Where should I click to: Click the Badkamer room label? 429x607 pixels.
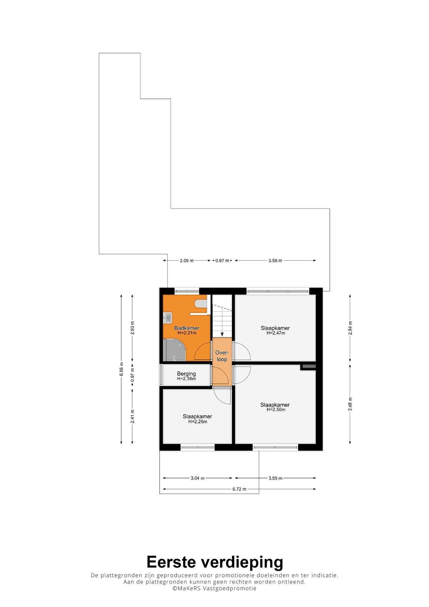pyautogui.click(x=187, y=328)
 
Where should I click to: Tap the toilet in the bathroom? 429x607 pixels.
pyautogui.click(x=201, y=304)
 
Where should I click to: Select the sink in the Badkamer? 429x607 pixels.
pyautogui.click(x=167, y=318)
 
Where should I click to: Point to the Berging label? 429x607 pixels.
pyautogui.click(x=186, y=374)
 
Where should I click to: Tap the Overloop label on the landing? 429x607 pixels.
pyautogui.click(x=222, y=356)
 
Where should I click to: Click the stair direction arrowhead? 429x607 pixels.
pyautogui.click(x=222, y=334)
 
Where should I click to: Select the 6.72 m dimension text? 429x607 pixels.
pyautogui.click(x=239, y=489)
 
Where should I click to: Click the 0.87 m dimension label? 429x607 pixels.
pyautogui.click(x=222, y=261)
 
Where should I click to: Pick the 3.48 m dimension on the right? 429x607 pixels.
pyautogui.click(x=350, y=404)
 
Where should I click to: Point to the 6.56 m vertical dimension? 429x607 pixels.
pyautogui.click(x=121, y=369)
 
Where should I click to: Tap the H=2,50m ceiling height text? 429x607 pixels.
pyautogui.click(x=276, y=410)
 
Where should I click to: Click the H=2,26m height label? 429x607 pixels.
pyautogui.click(x=198, y=421)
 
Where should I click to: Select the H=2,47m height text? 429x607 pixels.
pyautogui.click(x=276, y=333)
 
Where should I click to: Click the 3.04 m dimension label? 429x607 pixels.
pyautogui.click(x=198, y=478)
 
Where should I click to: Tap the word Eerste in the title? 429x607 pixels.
pyautogui.click(x=171, y=562)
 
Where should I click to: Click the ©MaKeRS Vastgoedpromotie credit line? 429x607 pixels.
pyautogui.click(x=214, y=588)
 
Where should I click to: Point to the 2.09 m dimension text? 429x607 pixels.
pyautogui.click(x=187, y=261)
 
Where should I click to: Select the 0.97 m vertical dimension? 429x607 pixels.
pyautogui.click(x=132, y=375)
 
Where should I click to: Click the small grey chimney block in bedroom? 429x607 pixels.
pyautogui.click(x=308, y=367)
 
